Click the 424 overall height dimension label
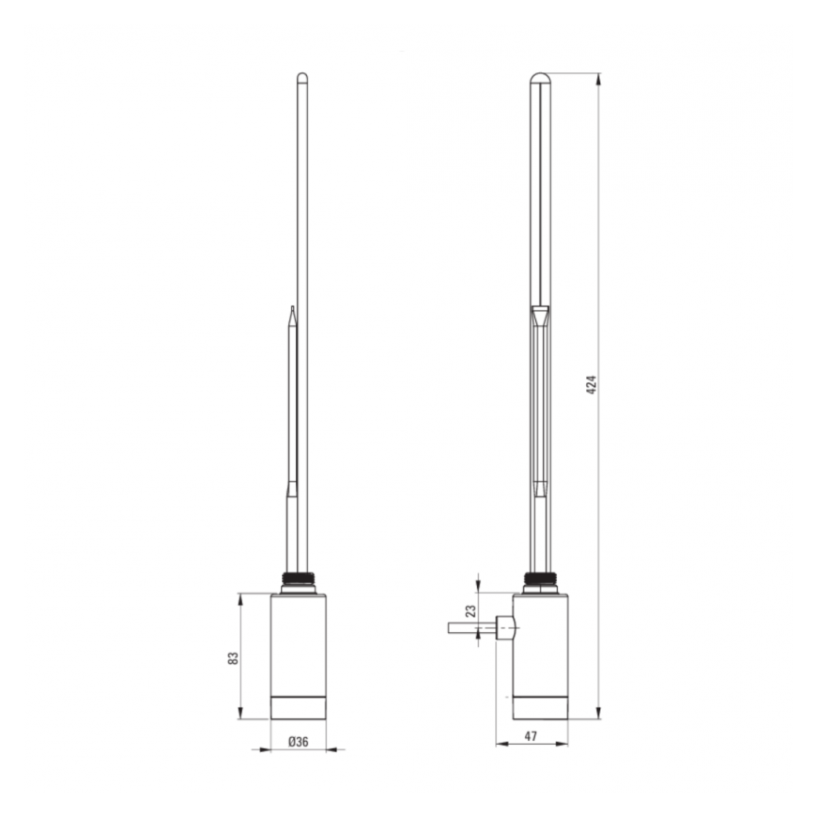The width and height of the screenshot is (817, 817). (x=592, y=384)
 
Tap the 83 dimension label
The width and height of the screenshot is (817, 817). (x=233, y=658)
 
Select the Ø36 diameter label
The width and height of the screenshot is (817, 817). (x=299, y=742)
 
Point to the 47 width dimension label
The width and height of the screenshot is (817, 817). (x=531, y=736)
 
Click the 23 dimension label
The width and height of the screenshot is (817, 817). (x=470, y=611)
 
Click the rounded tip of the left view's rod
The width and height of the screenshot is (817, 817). (x=302, y=77)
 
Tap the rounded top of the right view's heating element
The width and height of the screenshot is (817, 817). (x=540, y=78)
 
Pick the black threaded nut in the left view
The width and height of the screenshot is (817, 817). (x=299, y=578)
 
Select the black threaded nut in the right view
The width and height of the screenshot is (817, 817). (x=540, y=578)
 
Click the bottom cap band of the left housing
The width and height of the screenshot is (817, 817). (x=299, y=708)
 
